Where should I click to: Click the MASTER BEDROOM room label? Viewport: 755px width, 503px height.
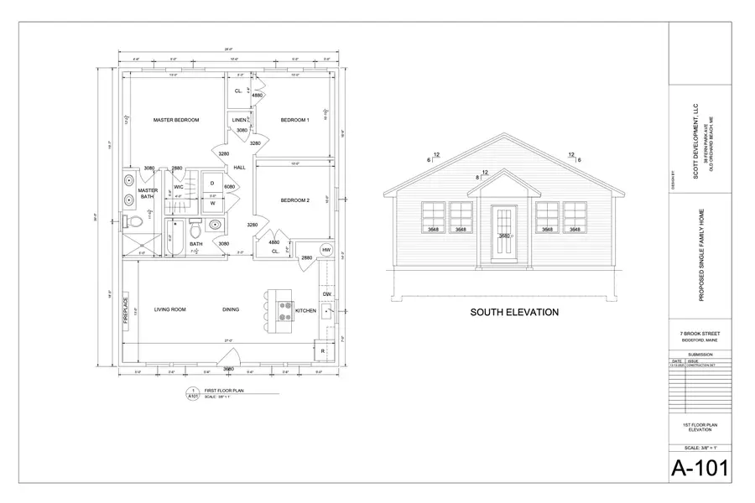tap(176, 120)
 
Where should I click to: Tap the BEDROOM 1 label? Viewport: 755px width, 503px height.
tap(294, 120)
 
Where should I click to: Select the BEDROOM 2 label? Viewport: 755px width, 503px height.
tap(294, 200)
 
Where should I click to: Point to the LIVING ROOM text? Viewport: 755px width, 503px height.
tap(169, 309)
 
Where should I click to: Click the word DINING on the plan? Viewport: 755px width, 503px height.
tap(231, 309)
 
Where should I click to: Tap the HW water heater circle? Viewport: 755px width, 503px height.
tap(325, 251)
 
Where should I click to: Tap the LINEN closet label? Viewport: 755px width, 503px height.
tap(239, 120)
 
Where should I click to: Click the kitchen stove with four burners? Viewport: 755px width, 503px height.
tap(276, 309)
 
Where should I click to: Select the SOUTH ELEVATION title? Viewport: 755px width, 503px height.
tap(514, 313)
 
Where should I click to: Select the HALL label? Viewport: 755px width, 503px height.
tap(239, 168)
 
